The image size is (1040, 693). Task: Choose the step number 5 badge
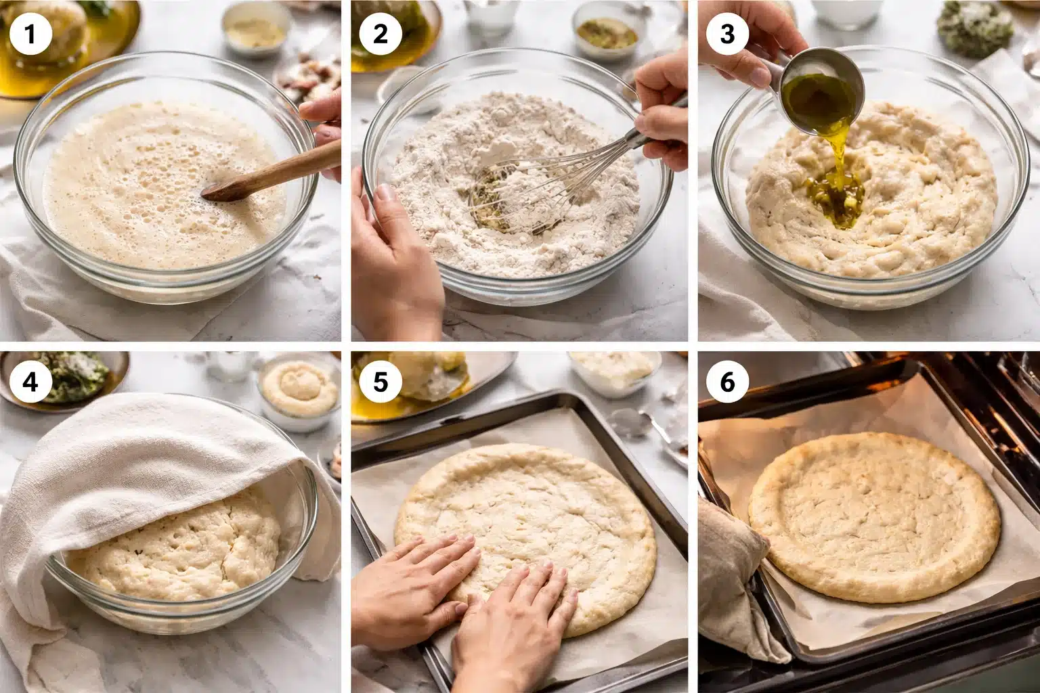381,382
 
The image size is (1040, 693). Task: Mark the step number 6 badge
727,382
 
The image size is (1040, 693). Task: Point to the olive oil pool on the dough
836,196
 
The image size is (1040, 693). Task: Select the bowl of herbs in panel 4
68,376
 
